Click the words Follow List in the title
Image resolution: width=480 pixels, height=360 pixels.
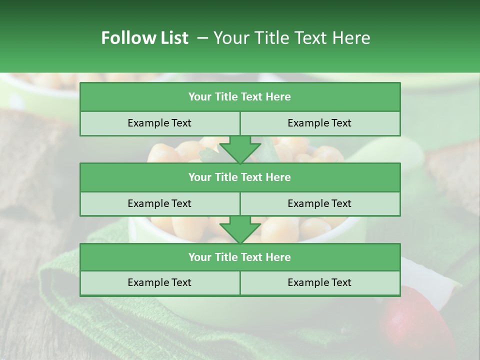pos(144,38)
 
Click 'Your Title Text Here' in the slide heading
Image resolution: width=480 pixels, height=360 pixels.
pos(291,38)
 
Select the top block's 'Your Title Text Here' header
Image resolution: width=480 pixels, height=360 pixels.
pos(239,97)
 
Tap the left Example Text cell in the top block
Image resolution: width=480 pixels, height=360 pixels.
pos(159,123)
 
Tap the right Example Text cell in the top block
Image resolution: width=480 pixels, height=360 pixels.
pos(319,123)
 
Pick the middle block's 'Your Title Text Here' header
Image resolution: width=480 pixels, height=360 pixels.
pos(239,177)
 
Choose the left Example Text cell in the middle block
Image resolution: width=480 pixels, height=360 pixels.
pos(159,203)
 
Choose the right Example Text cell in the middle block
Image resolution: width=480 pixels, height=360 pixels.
pos(319,203)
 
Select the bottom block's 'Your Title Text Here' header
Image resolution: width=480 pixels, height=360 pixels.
pos(239,257)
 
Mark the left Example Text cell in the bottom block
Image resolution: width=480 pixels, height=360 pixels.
pos(159,282)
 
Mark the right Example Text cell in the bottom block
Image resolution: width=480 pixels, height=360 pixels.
pos(319,282)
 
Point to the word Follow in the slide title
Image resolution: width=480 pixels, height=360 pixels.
pos(125,38)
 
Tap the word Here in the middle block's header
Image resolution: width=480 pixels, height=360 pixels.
pos(278,177)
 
